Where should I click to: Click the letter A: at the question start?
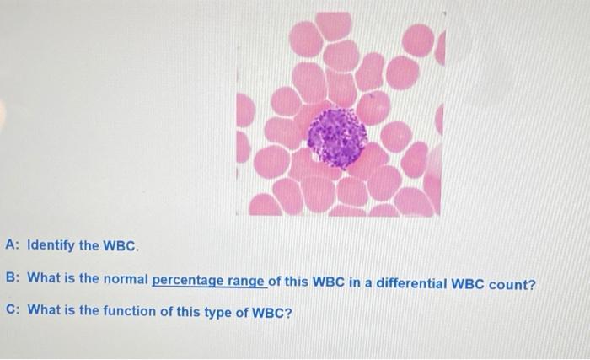(12, 247)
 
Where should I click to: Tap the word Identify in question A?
(52, 247)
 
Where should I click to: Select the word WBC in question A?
(118, 247)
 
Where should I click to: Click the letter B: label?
(12, 279)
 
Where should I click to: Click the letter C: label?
(12, 310)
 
